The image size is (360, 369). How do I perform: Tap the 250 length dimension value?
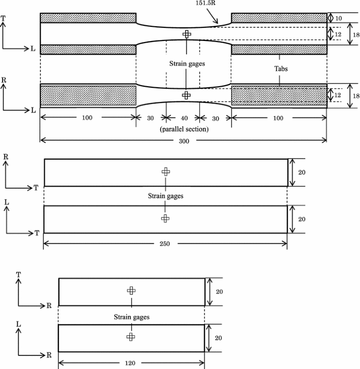(x=166, y=243)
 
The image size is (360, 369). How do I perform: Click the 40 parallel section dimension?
(x=183, y=118)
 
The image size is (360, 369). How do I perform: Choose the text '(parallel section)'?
(x=183, y=129)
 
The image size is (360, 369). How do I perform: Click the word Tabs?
(x=281, y=68)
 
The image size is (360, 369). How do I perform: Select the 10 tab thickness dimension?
(x=339, y=18)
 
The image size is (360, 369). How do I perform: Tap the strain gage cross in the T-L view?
(x=187, y=34)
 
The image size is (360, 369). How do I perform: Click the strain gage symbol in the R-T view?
(x=166, y=171)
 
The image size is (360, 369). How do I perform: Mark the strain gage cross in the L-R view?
(x=130, y=337)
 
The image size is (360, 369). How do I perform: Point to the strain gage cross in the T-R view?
(x=131, y=291)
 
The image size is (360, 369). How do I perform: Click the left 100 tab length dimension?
(x=87, y=118)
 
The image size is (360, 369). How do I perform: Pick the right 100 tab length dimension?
(x=279, y=118)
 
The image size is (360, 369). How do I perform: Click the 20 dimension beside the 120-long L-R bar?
(x=220, y=339)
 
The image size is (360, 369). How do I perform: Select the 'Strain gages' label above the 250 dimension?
(x=165, y=196)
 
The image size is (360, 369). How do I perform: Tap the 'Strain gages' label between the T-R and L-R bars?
(x=131, y=317)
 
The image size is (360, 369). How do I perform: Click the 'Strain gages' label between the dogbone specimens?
(x=187, y=64)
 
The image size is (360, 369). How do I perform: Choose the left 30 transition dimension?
(x=151, y=118)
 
